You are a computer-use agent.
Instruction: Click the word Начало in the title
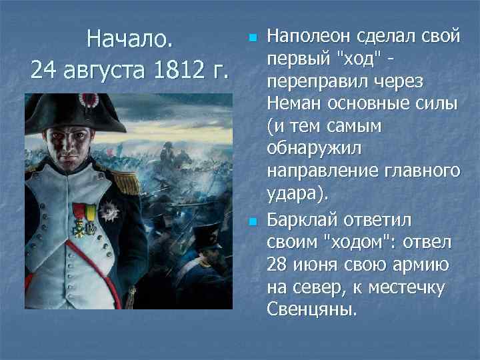(130, 39)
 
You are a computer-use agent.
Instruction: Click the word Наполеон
(309, 34)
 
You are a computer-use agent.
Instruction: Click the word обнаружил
(309, 149)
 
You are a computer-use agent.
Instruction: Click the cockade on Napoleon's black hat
(87, 101)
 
